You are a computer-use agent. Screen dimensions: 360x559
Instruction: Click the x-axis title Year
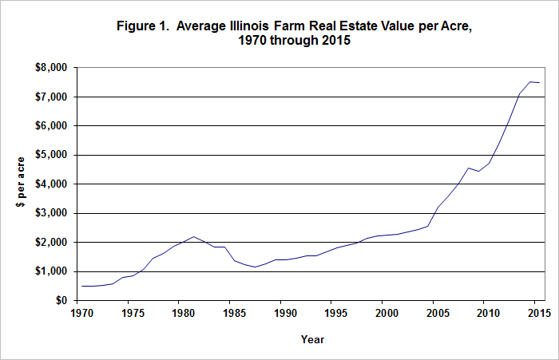tap(312, 339)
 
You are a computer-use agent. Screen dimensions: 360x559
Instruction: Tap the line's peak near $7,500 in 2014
tap(529, 81)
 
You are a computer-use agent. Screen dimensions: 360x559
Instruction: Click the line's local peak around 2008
tap(468, 168)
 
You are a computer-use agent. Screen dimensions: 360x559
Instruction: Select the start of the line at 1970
tap(80, 286)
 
